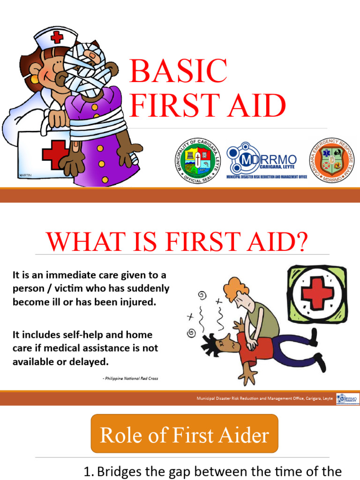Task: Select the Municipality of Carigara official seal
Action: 197,160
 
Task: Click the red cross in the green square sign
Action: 317,293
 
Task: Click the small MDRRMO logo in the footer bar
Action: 347,399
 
